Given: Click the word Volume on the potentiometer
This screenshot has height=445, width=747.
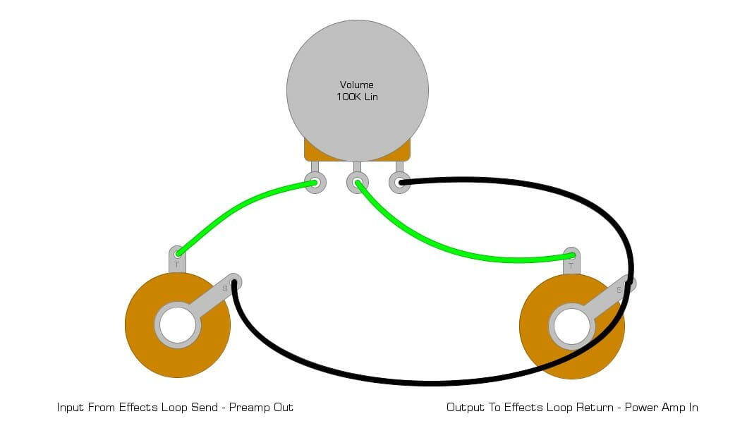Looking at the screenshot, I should (x=357, y=85).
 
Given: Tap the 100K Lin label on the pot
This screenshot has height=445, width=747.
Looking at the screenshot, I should (x=357, y=97).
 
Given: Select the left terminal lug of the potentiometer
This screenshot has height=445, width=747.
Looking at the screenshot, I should (x=315, y=183).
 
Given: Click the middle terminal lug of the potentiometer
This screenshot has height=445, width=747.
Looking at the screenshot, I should (x=357, y=183).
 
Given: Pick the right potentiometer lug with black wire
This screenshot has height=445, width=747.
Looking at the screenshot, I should (x=399, y=183).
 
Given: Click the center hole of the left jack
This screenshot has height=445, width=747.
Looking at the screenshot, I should (x=177, y=325).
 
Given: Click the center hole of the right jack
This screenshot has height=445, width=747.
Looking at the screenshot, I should (x=571, y=327).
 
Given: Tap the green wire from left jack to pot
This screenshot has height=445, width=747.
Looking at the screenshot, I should (x=240, y=208).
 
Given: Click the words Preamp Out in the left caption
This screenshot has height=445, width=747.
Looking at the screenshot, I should (x=262, y=408).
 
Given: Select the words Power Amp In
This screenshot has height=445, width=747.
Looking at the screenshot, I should (x=662, y=408).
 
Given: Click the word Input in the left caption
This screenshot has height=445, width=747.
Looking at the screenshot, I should (x=71, y=408).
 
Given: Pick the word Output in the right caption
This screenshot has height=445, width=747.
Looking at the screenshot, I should (x=466, y=408).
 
